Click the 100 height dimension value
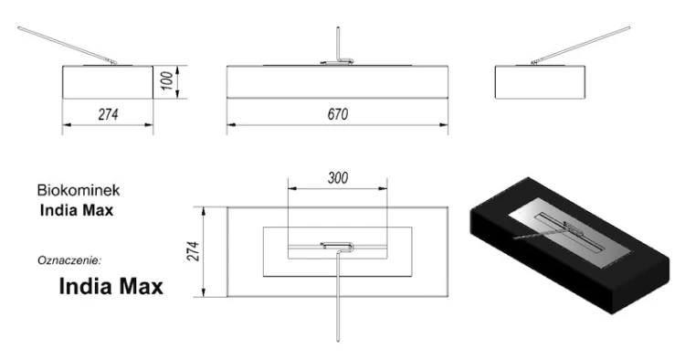[x=167, y=81]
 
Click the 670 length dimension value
[x=338, y=114]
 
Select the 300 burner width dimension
[x=338, y=178]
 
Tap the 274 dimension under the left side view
[x=108, y=114]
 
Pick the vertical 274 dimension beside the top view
[x=193, y=251]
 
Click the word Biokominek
[x=79, y=190]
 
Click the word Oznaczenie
[x=69, y=260]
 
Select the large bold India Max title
[x=111, y=287]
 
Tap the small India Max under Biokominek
[x=77, y=210]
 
